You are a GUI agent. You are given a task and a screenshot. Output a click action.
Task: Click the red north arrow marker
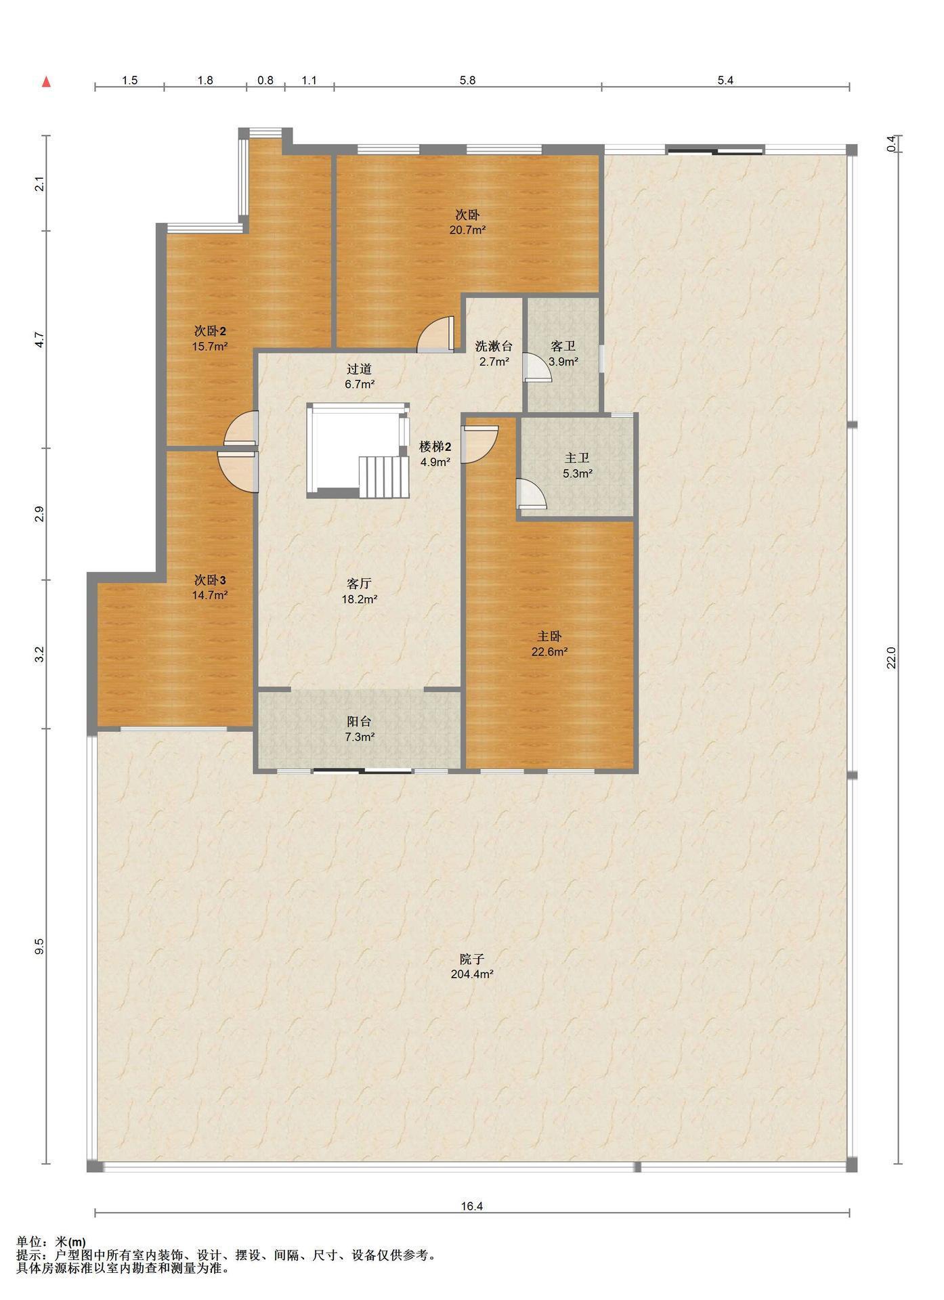(46, 82)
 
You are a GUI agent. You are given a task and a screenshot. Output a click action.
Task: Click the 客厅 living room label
(359, 584)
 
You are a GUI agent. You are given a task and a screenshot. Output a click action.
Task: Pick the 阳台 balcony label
(359, 722)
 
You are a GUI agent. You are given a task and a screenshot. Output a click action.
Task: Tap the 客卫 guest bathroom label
(563, 346)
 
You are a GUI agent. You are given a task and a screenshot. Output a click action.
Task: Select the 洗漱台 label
(494, 346)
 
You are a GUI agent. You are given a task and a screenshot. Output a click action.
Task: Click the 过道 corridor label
(359, 369)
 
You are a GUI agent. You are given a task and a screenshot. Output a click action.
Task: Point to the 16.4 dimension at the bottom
(472, 1206)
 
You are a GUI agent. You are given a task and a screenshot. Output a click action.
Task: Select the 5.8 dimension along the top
(467, 80)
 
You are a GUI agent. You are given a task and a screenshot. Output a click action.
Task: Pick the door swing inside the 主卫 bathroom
(531, 493)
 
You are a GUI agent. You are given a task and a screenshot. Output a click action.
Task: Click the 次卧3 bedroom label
(210, 580)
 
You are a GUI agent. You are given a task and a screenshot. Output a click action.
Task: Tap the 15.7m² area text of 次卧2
(210, 347)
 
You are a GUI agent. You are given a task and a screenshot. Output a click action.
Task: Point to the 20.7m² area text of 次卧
(467, 230)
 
